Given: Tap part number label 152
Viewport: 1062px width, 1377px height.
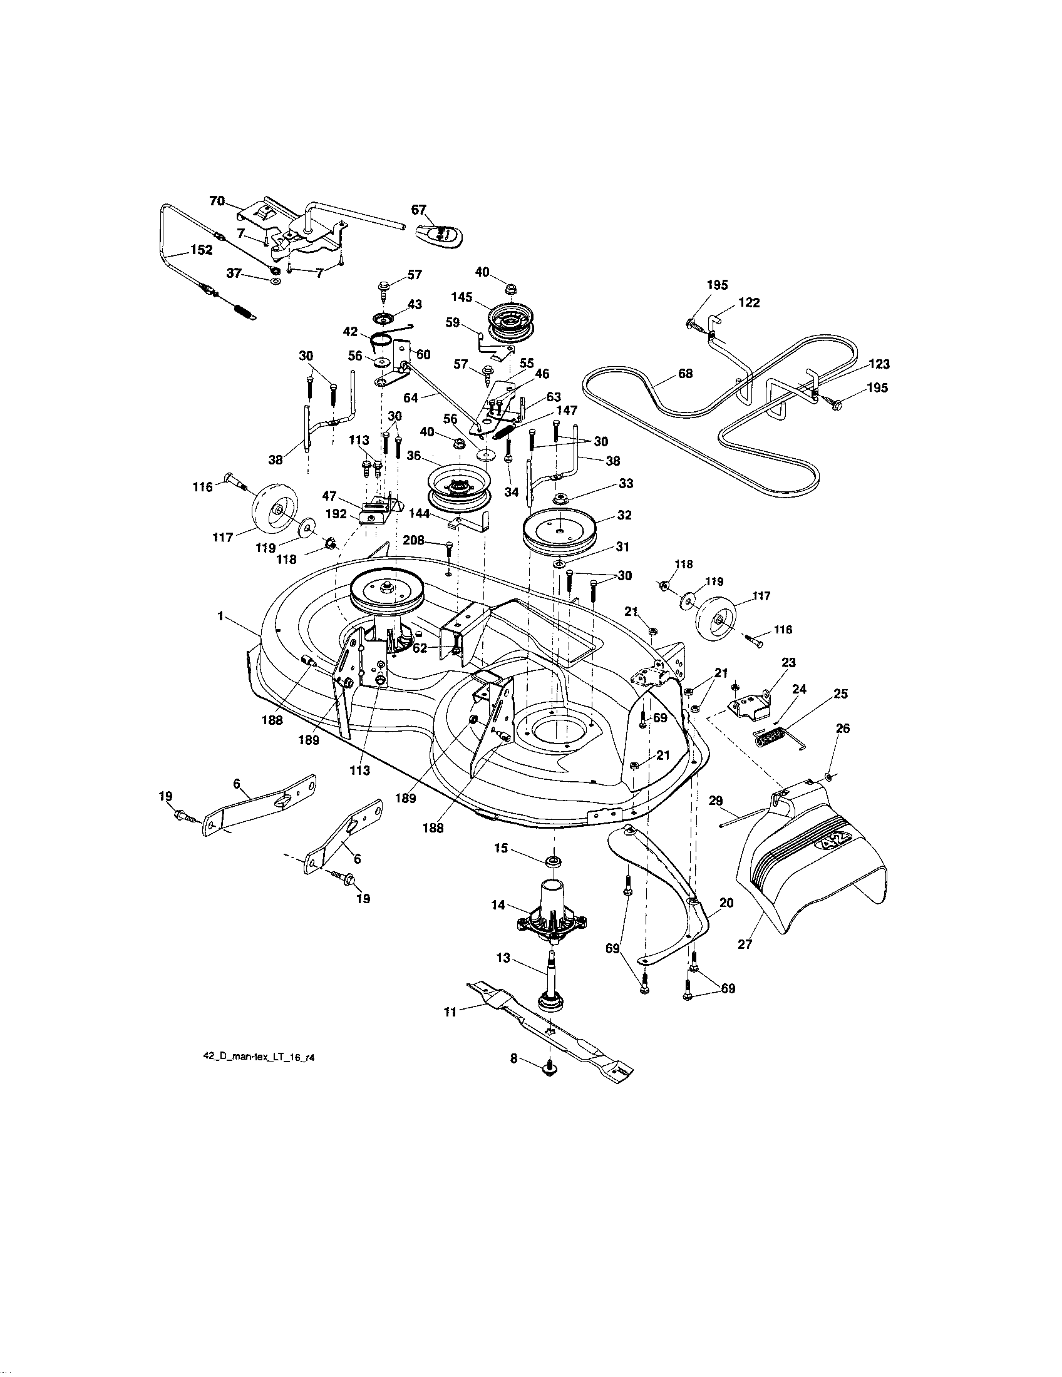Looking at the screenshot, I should [200, 250].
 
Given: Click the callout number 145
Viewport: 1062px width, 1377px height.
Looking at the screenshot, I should [462, 295].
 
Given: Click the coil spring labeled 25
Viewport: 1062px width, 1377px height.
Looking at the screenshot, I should [773, 736].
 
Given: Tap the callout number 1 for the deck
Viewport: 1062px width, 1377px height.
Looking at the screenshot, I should [220, 617].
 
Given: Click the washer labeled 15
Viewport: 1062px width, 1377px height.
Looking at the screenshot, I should [555, 861].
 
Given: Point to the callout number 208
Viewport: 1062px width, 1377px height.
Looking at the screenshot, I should [415, 540].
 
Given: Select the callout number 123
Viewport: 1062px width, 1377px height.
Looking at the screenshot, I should [879, 364].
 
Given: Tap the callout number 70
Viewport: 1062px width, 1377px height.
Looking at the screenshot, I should [217, 201].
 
